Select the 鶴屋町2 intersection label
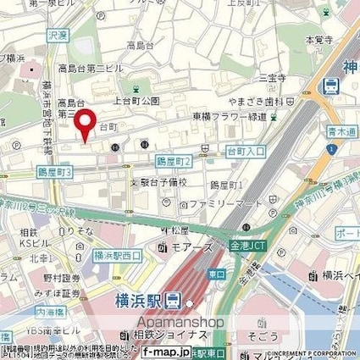point(174,160)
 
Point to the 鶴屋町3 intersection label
point(57,171)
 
